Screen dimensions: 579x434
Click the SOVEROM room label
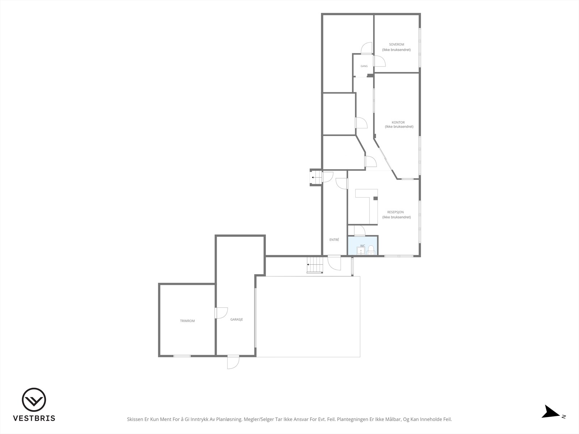pyautogui.click(x=397, y=44)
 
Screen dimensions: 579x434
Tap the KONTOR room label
pyautogui.click(x=398, y=122)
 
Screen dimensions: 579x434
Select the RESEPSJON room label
pyautogui.click(x=396, y=212)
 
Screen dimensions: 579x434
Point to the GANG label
pyautogui.click(x=364, y=66)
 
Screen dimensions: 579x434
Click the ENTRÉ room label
pyautogui.click(x=334, y=239)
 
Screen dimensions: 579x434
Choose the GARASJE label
pyautogui.click(x=237, y=319)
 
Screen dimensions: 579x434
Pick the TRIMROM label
pyautogui.click(x=187, y=321)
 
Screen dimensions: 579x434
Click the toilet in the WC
pyautogui.click(x=371, y=250)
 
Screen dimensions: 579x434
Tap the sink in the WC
pyautogui.click(x=360, y=251)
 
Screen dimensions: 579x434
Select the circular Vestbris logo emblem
pyautogui.click(x=34, y=400)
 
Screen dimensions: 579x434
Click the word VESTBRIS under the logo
pyautogui.click(x=34, y=418)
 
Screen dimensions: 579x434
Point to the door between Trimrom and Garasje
pyautogui.click(x=221, y=313)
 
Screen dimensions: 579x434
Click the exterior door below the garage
pyautogui.click(x=233, y=362)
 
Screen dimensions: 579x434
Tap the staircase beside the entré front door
pyautogui.click(x=315, y=265)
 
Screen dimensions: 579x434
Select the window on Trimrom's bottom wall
pyautogui.click(x=182, y=356)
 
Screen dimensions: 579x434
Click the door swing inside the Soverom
pyautogui.click(x=379, y=61)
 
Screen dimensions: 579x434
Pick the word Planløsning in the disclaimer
pyautogui.click(x=229, y=419)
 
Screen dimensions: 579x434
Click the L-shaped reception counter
pyautogui.click(x=366, y=207)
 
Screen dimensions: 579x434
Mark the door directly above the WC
pyautogui.click(x=359, y=231)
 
